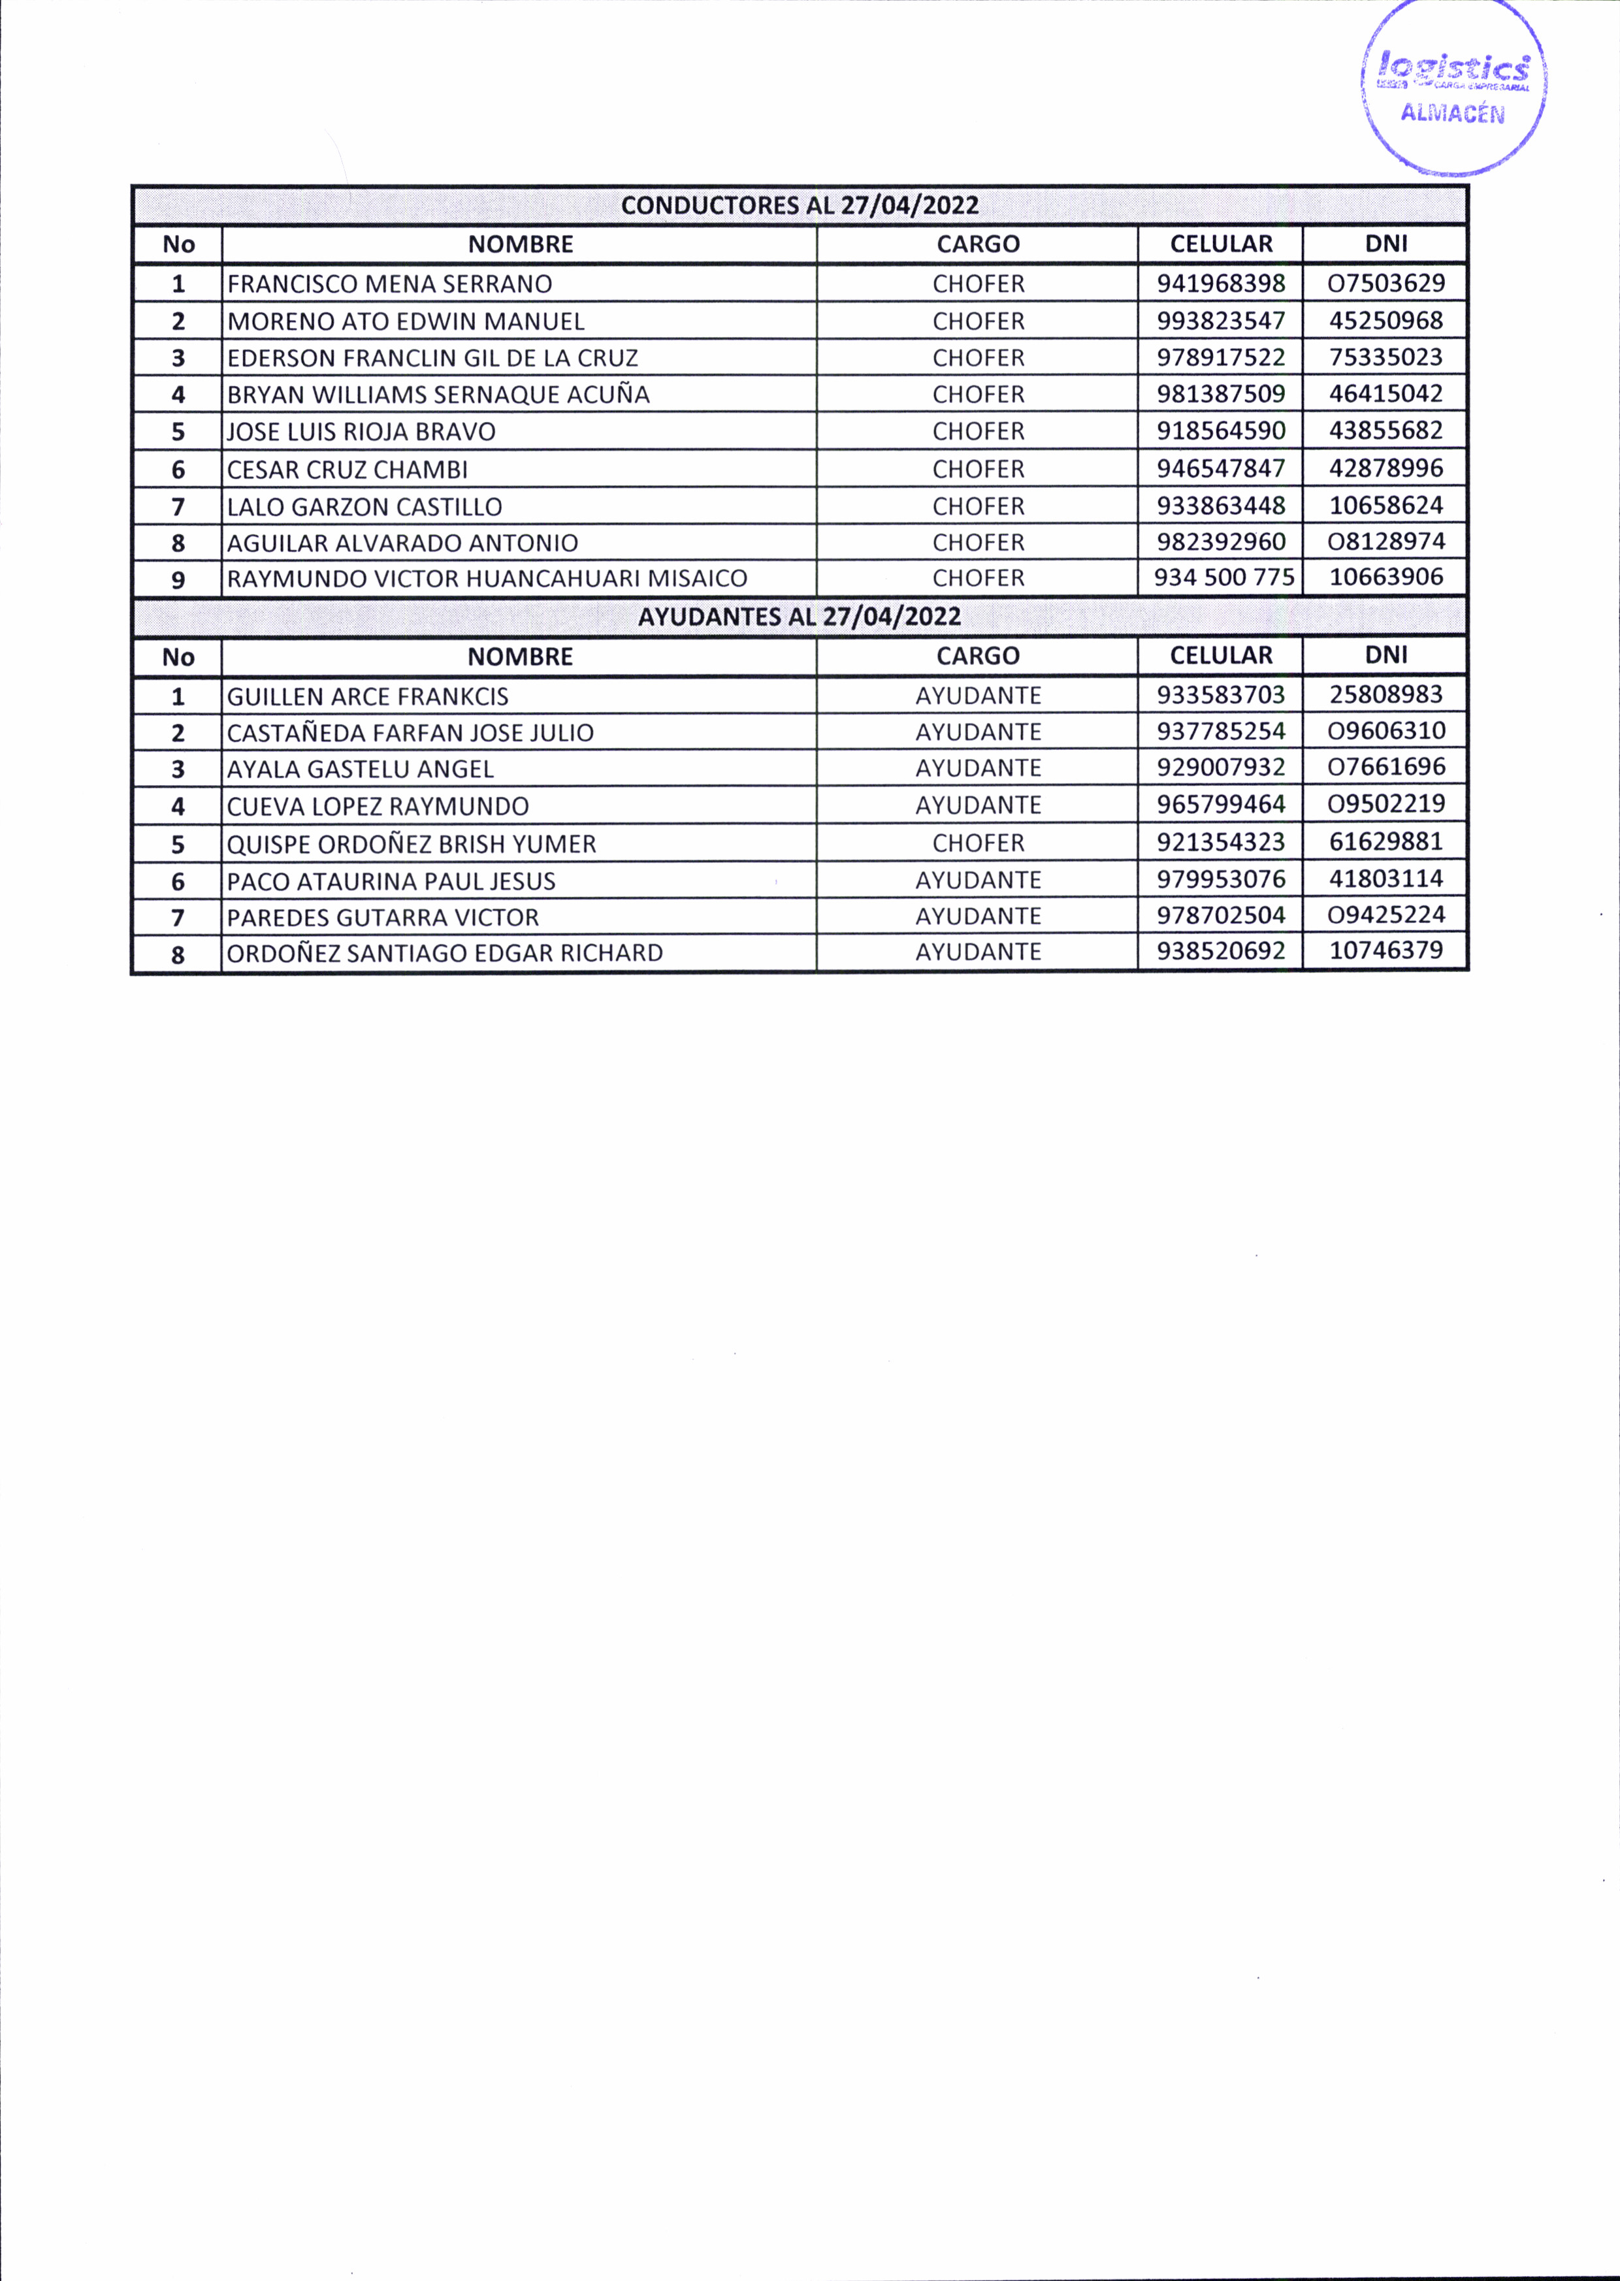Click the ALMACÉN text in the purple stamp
[x=1451, y=113]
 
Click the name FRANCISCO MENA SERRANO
[x=389, y=284]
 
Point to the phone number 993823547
[x=1221, y=321]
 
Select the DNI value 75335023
[x=1385, y=357]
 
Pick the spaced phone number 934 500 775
[x=1223, y=577]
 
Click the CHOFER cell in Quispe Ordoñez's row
[x=978, y=843]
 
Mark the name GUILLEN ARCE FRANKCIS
[x=367, y=696]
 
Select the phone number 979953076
[x=1221, y=879]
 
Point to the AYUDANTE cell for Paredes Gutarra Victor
[x=978, y=916]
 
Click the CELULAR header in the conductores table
[x=1221, y=244]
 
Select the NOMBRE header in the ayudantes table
[x=520, y=656]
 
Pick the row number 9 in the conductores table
[x=178, y=579]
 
